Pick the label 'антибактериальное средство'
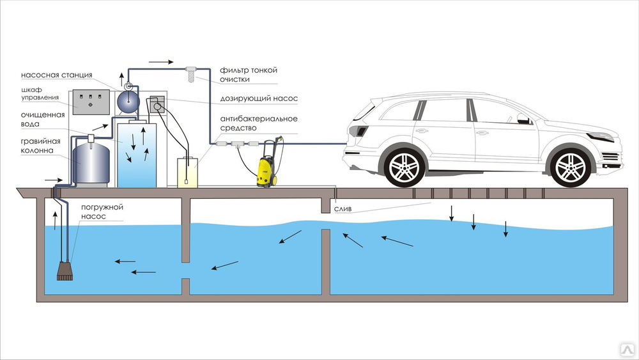coord(258,123)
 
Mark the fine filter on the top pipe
coord(190,72)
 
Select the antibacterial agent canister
coord(188,171)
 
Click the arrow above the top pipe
coord(162,63)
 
